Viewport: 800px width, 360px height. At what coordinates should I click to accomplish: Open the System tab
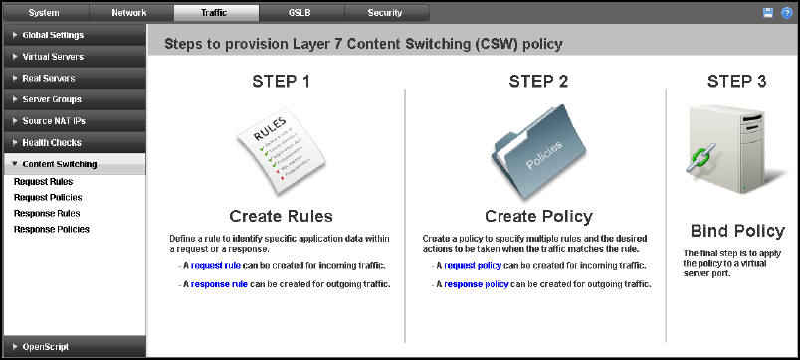pos(45,13)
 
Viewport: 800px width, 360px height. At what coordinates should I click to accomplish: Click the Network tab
pos(129,13)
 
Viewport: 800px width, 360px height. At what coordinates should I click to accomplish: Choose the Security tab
pos(385,13)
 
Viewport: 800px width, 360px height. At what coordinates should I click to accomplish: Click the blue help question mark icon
pos(786,13)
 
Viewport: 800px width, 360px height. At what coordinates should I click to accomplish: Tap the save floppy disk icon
pos(768,13)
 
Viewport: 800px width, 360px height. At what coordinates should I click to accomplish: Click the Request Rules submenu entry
pos(44,182)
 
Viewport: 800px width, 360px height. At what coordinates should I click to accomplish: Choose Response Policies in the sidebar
pos(52,229)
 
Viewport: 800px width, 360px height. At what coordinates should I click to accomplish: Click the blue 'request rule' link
pos(212,266)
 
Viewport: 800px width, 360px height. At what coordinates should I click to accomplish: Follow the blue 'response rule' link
pos(219,284)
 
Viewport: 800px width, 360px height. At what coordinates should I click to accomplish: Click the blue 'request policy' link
pos(473,266)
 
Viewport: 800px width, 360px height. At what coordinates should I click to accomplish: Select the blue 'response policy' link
pos(476,284)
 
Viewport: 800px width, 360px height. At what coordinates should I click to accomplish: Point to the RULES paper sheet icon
pos(282,150)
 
